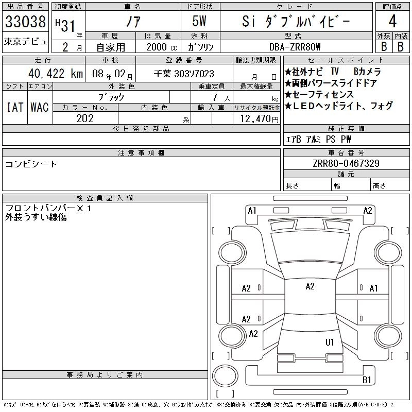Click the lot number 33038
click(x=25, y=21)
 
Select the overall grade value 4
click(x=392, y=21)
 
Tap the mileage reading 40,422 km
click(x=56, y=74)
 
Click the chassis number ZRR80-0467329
click(x=346, y=163)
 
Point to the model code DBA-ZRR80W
click(x=295, y=47)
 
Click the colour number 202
click(x=85, y=118)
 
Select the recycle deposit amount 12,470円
click(x=259, y=119)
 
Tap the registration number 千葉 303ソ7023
click(x=184, y=74)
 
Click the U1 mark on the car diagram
click(x=330, y=342)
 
